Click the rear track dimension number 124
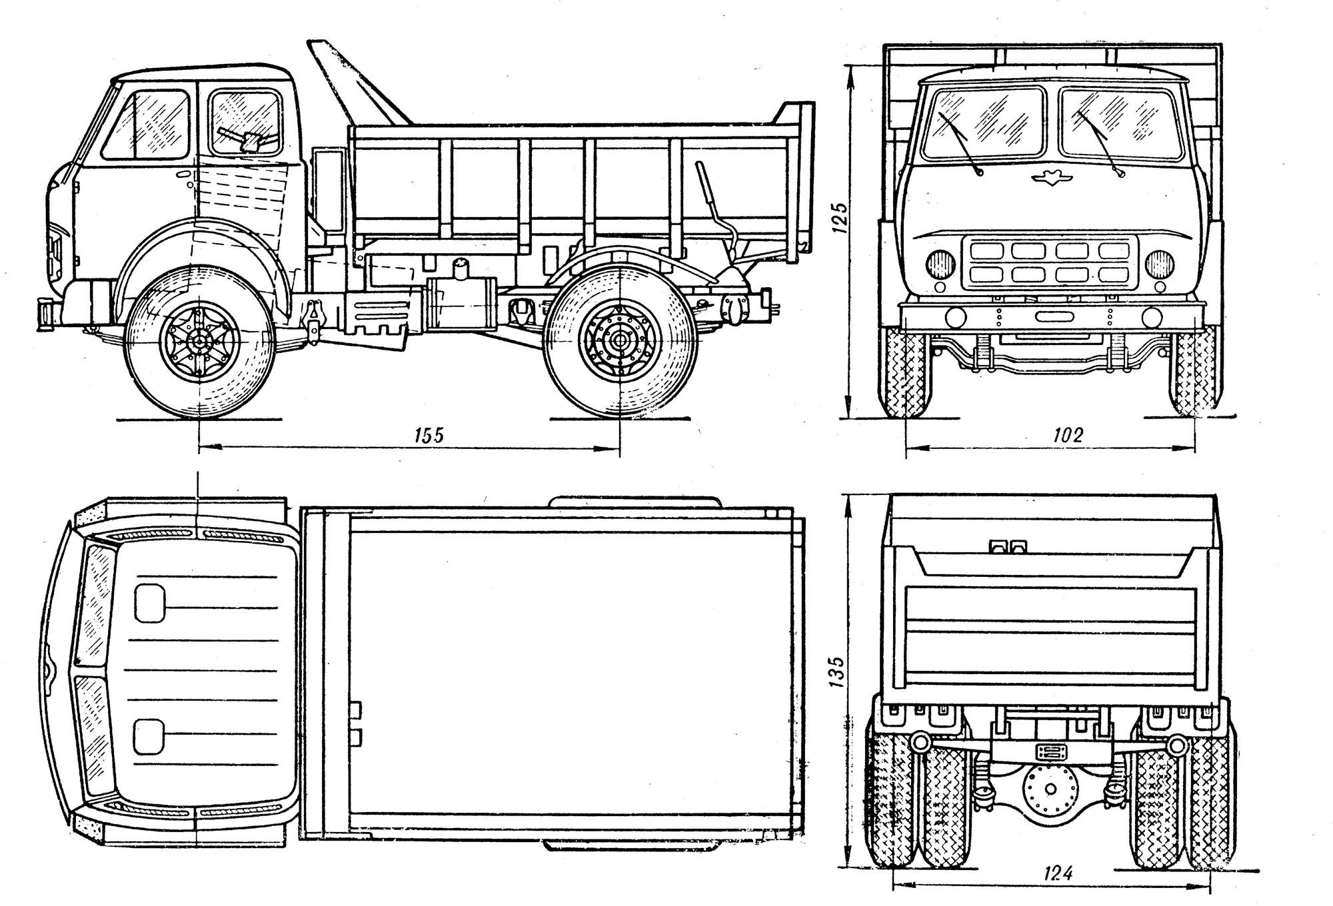[1057, 874]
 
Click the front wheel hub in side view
[199, 342]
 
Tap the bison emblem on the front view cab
[1049, 178]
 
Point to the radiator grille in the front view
[1050, 264]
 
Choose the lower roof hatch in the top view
[149, 736]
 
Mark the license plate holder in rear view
[1050, 751]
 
